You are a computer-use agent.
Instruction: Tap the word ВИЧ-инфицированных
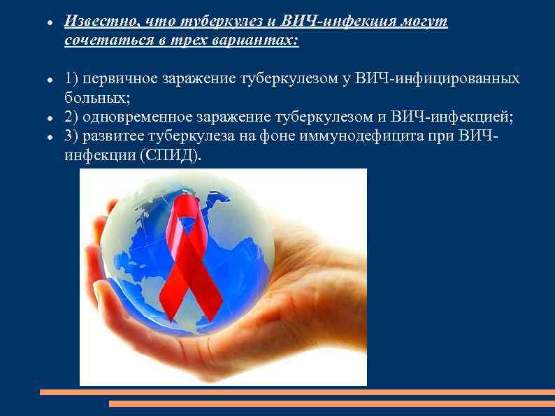click(438, 78)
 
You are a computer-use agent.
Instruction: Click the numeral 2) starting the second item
click(71, 116)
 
